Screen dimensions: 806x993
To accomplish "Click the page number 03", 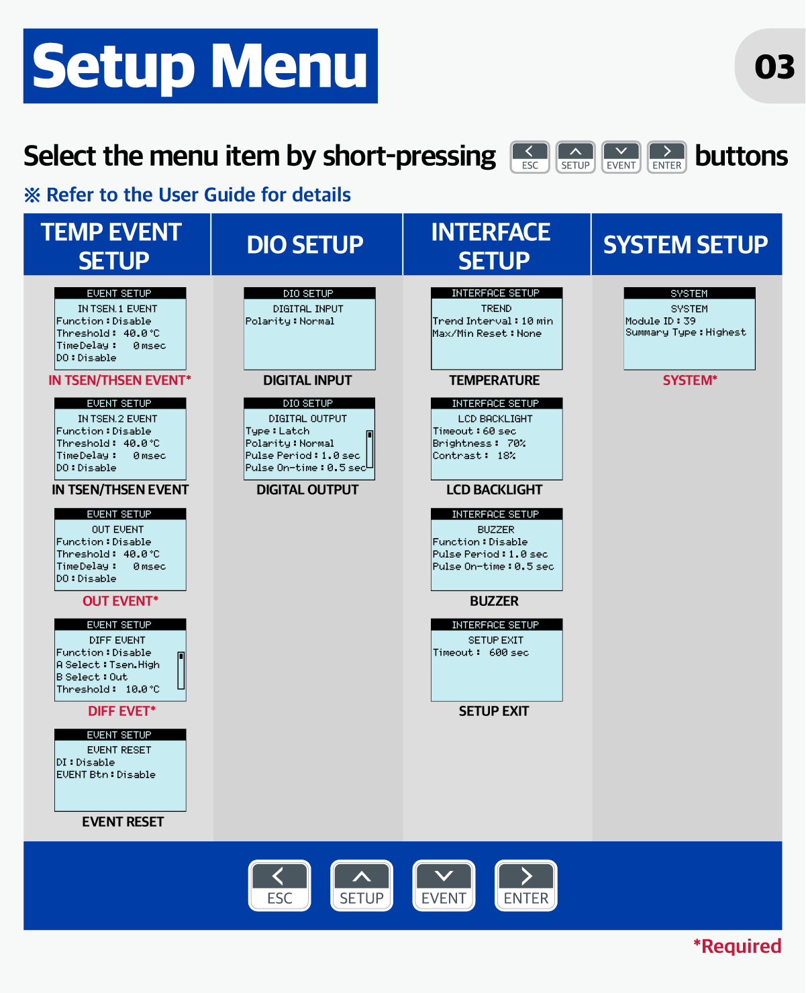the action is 774,66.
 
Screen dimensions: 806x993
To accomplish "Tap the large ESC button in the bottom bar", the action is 279,885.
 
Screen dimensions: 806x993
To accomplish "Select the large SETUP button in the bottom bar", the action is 361,885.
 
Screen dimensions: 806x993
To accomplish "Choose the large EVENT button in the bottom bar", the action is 444,885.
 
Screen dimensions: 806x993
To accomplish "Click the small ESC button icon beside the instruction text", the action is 530,157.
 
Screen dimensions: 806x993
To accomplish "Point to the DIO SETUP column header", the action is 305,245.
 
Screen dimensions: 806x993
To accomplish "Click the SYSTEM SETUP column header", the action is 685,245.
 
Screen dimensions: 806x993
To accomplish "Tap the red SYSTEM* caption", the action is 690,380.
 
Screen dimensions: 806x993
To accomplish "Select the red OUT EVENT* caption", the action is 120,601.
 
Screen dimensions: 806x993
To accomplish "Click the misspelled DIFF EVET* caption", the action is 121,711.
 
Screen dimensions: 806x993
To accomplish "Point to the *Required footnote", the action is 737,946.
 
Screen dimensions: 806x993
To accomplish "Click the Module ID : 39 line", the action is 660,321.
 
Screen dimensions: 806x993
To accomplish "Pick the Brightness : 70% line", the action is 478,443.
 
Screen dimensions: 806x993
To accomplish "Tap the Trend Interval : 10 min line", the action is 493,321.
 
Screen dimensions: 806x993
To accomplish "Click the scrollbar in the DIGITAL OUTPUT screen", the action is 369,449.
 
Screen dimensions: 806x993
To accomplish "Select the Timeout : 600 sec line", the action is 481,652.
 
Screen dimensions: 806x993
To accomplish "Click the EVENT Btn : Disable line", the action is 106,774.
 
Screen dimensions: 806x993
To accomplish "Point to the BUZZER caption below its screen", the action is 494,601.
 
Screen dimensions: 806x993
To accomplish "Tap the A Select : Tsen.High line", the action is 107,664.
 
